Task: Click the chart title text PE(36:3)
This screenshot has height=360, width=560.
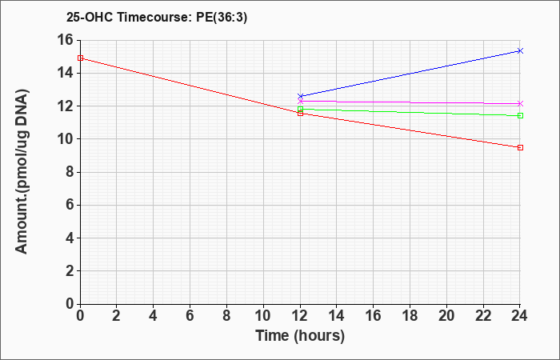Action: point(222,18)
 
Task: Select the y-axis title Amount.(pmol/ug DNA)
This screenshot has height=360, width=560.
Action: point(22,172)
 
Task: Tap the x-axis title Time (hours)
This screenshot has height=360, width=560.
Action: point(300,336)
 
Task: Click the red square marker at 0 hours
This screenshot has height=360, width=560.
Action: point(80,58)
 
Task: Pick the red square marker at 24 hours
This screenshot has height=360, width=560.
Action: point(520,147)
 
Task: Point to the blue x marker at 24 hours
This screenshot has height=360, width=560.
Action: point(520,50)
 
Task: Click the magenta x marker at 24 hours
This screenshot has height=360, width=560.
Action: point(520,103)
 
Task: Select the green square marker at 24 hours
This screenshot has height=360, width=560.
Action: point(520,115)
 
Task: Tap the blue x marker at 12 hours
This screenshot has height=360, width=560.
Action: point(300,96)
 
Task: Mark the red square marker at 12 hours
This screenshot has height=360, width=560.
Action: point(300,114)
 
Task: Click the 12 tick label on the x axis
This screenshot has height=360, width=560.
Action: point(300,316)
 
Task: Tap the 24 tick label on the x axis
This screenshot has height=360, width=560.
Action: point(519,316)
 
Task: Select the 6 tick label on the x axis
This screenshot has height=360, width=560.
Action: point(190,316)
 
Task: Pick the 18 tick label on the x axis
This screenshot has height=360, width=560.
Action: point(410,316)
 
